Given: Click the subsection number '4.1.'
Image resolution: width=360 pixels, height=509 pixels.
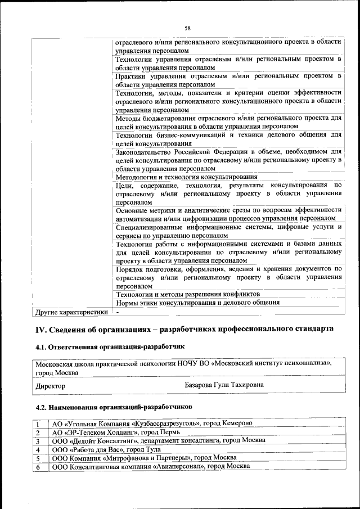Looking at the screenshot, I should click(41, 348).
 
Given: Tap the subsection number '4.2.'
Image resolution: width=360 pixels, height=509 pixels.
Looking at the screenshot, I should click(41, 406).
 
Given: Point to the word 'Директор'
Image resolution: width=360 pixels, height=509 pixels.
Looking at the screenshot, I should click(50, 386).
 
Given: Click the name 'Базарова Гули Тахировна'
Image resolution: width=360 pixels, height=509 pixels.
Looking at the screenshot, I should click(224, 385).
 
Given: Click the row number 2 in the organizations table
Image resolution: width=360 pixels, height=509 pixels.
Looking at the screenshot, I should click(38, 433).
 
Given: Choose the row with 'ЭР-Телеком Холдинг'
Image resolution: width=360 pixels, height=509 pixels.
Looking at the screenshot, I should click(115, 433).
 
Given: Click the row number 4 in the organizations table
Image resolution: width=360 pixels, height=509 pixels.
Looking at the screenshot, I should click(38, 450).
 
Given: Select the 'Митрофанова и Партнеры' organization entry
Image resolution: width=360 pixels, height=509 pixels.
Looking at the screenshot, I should click(144, 458).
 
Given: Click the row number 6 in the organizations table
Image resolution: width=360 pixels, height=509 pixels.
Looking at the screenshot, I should click(38, 467).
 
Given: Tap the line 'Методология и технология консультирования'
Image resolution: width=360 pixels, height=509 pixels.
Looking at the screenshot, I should click(186, 177).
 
